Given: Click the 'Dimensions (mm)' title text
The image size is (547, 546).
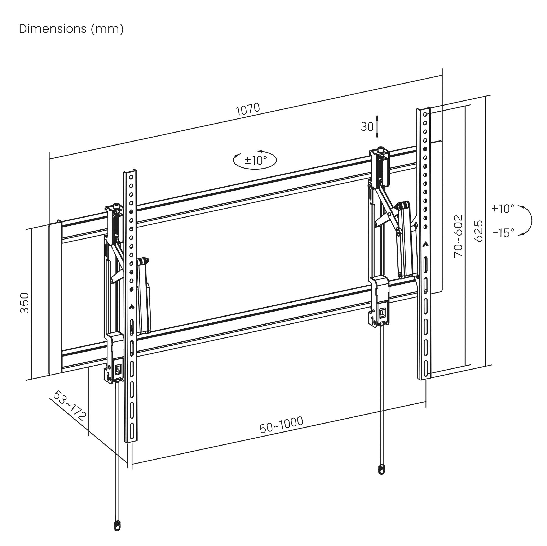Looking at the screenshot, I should tap(71, 29).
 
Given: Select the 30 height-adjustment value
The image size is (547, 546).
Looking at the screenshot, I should tap(367, 127).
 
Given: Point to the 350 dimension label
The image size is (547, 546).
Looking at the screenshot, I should tap(25, 303).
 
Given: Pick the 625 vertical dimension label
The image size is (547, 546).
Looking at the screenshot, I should tap(478, 231).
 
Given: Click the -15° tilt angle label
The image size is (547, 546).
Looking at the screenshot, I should tap(503, 233).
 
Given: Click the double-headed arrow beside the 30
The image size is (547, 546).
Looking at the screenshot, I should tap(377, 126).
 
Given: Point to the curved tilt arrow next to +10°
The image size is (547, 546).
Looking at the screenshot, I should tap(527, 221).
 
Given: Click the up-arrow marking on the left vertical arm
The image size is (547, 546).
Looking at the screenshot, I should tap(131, 307).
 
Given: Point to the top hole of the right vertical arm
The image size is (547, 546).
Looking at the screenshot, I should tap(425, 114).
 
